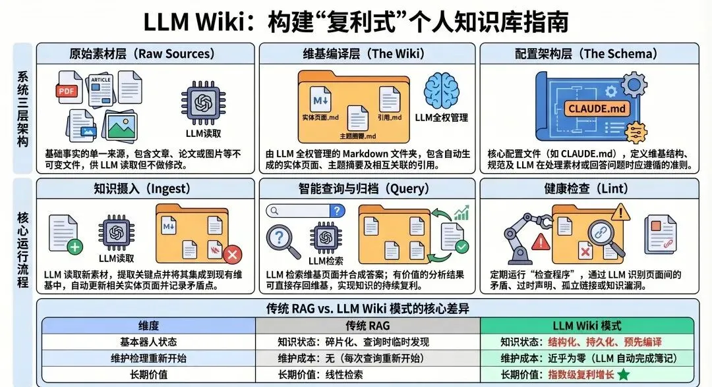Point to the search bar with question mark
click(305, 211)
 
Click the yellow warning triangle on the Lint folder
click(620, 212)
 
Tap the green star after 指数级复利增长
click(622, 374)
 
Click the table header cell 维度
click(148, 326)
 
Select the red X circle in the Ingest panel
click(232, 255)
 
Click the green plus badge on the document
click(74, 247)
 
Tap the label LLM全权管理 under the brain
click(441, 117)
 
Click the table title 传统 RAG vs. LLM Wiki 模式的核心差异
click(367, 308)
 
